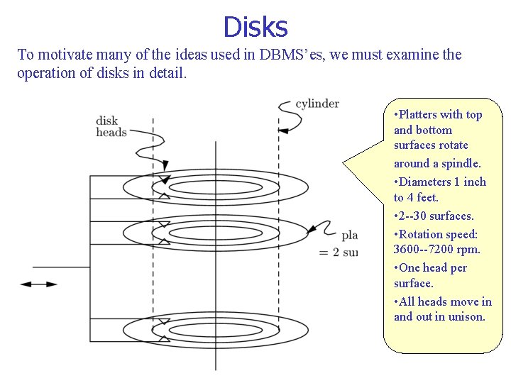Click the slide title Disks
255,27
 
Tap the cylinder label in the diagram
317,104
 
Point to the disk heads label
111,126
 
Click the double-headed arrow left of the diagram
38,284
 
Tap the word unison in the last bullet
467,316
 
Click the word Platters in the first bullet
420,114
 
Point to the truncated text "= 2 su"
339,252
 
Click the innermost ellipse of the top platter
207,187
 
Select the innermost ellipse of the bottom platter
207,330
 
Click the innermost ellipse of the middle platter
207,232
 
